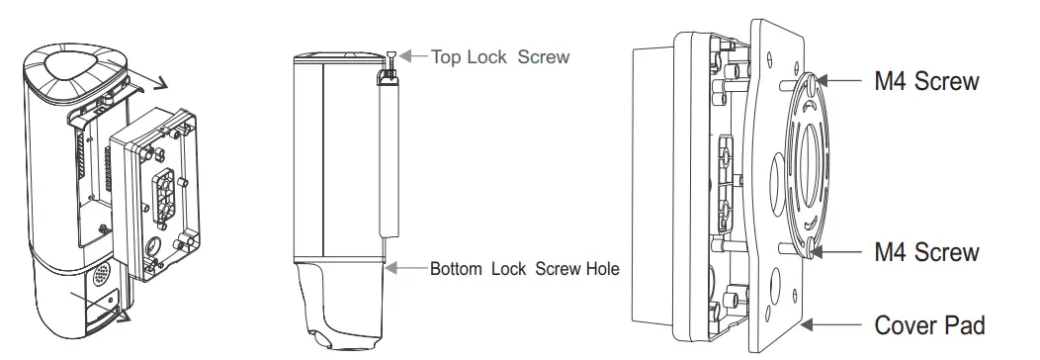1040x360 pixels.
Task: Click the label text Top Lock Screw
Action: (500, 56)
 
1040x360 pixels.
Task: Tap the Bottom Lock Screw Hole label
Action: (525, 268)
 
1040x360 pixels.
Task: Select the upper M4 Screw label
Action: (926, 81)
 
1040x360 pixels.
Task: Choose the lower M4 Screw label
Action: (926, 252)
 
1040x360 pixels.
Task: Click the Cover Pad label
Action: (929, 325)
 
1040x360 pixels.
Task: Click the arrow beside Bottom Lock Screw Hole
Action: (406, 268)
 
